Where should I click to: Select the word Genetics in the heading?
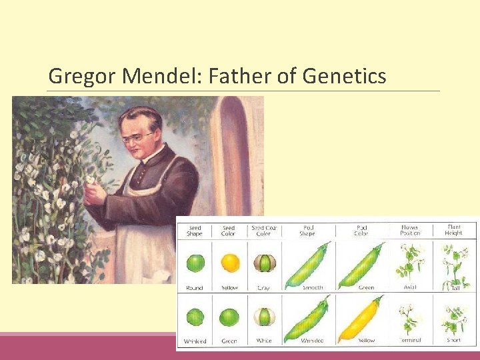click(x=344, y=77)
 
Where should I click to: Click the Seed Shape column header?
click(x=195, y=231)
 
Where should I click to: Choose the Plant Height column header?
click(x=453, y=230)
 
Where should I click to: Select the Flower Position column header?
click(x=409, y=231)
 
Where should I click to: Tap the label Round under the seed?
click(x=195, y=288)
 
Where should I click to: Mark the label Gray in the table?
click(x=263, y=288)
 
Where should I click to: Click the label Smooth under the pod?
click(x=312, y=288)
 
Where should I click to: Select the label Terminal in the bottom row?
click(x=409, y=341)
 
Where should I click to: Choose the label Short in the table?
click(x=453, y=341)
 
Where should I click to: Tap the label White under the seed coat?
click(x=263, y=341)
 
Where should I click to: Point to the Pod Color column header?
click(x=361, y=231)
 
